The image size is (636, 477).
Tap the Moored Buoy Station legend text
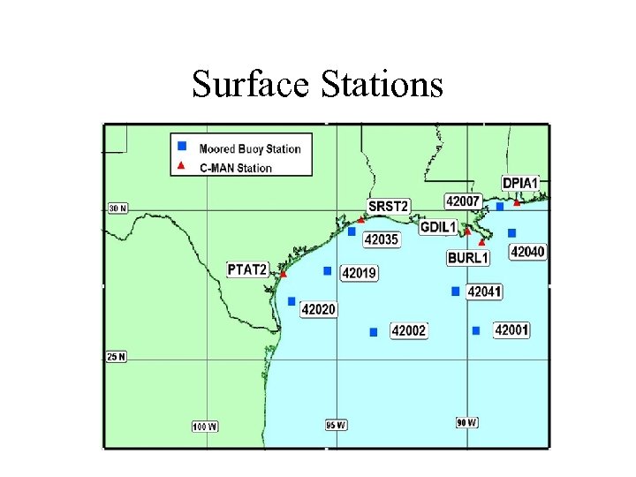pos(250,148)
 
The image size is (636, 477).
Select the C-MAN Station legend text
pos(236,167)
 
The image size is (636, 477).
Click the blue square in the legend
pos(182,146)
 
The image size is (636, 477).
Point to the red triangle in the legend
pos(182,166)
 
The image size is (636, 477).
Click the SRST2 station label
pos(389,207)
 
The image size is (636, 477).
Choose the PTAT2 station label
pos(247,269)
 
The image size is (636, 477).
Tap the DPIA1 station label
pos(519,183)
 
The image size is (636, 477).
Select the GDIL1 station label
pos(438,227)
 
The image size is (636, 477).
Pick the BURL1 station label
pos(467,258)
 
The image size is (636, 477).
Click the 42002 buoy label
pos(408,330)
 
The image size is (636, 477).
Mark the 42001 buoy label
pos(511,329)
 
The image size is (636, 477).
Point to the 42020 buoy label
pos(318,309)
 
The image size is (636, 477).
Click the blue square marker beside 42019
pos(328,271)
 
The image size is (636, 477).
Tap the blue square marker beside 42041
pos(456,291)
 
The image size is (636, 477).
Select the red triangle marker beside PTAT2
pos(284,274)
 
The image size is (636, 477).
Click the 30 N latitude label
pos(117,208)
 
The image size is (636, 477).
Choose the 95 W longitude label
pos(337,425)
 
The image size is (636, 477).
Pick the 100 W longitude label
pos(205,427)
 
